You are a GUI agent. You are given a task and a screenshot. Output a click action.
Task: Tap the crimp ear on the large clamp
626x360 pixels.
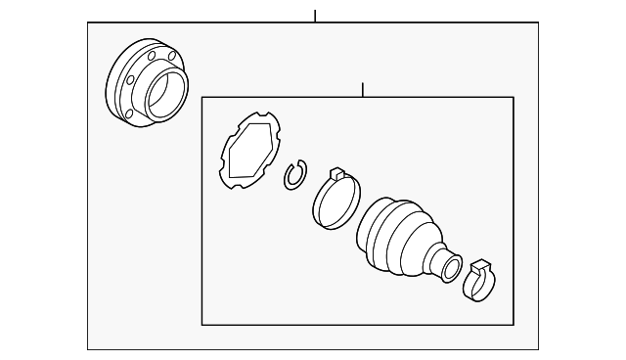[335, 174]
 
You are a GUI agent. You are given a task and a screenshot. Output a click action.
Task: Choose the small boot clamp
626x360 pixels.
[479, 281]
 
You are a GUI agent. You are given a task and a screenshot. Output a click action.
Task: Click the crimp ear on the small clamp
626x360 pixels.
[478, 264]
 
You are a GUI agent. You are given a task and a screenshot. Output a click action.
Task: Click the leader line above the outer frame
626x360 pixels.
[315, 16]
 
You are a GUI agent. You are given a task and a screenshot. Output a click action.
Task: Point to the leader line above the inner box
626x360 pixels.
[362, 89]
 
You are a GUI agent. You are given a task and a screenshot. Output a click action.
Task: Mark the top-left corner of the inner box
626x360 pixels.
[201, 96]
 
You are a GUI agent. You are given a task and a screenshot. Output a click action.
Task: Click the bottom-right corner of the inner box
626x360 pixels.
[514, 324]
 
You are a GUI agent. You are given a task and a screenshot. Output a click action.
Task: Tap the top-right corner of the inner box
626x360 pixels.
[514, 96]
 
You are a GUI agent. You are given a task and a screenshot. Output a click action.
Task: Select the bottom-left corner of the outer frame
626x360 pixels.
[88, 349]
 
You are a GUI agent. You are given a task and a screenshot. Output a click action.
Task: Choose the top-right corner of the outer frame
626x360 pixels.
[538, 22]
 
